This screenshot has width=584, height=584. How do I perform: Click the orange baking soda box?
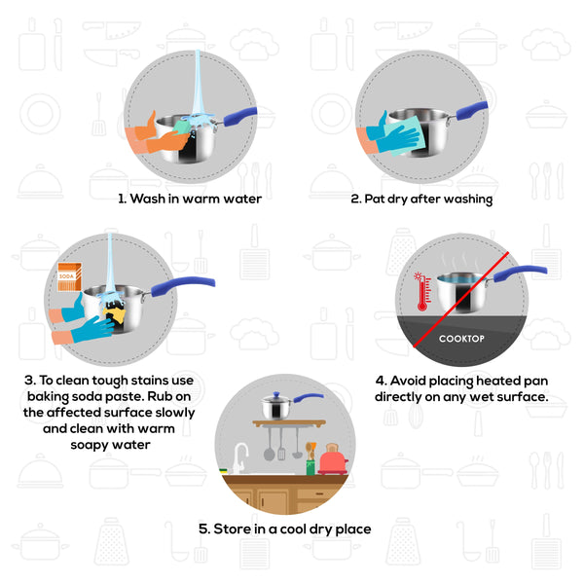[x=70, y=276]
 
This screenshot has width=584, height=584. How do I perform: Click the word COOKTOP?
[x=461, y=339]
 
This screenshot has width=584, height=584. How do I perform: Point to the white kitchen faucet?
[x=239, y=457]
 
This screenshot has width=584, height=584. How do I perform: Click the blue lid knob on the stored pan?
[x=276, y=395]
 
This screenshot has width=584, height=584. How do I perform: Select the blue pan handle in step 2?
[x=471, y=110]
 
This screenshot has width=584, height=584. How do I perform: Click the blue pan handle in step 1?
[x=240, y=116]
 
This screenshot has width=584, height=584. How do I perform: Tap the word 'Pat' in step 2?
[x=375, y=199]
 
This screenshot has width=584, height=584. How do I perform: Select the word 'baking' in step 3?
[x=48, y=397]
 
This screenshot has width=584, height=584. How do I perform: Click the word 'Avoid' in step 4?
[x=408, y=381]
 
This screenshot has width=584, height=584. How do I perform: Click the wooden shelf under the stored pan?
[x=289, y=423]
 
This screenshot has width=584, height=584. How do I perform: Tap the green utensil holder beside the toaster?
[x=310, y=467]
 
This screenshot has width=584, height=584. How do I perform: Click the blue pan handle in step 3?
[x=183, y=286]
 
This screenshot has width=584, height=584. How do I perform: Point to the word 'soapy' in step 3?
[x=90, y=445]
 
